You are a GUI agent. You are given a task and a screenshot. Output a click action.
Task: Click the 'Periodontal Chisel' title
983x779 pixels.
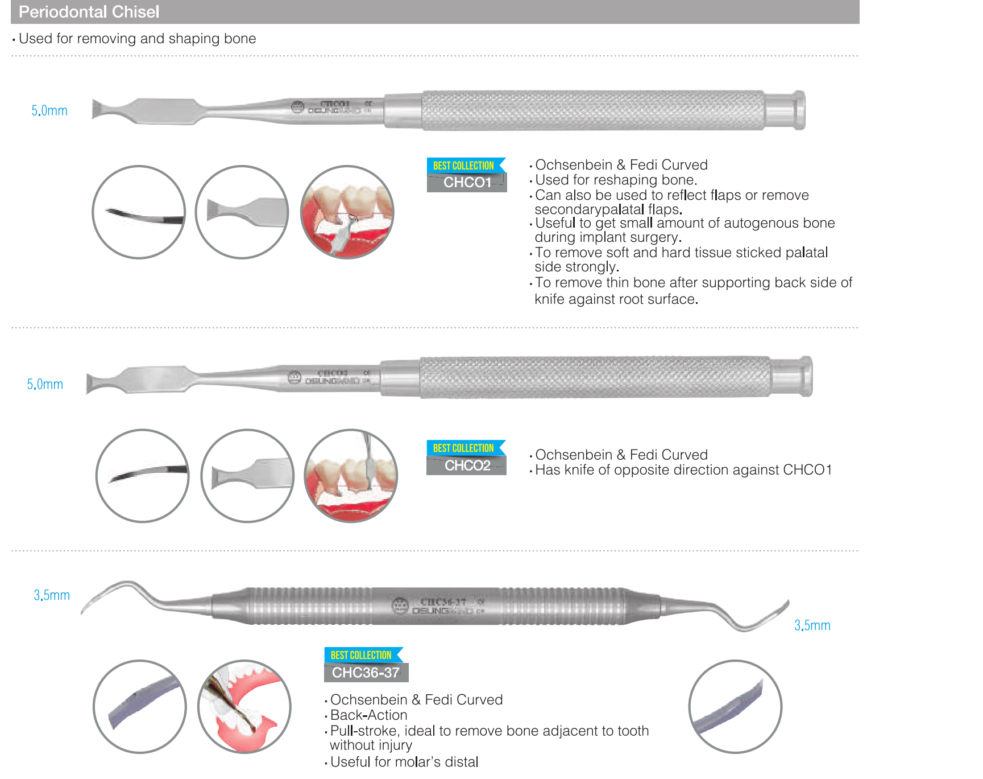[89, 12]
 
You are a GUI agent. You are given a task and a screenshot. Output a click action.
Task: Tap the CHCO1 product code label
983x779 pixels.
[467, 183]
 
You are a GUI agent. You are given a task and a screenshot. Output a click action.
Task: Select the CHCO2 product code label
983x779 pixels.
[467, 465]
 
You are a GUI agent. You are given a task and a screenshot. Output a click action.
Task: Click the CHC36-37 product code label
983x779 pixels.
[366, 673]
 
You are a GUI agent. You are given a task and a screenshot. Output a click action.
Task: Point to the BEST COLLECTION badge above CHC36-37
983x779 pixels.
[362, 655]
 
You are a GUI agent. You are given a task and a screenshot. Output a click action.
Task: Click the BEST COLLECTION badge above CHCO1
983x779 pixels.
[464, 166]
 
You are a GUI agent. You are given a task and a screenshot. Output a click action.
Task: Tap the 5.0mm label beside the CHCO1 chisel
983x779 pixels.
[49, 110]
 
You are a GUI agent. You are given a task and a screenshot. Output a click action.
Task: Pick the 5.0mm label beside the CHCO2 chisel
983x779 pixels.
[45, 384]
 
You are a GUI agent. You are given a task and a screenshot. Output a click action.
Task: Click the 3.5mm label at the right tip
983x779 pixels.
[812, 625]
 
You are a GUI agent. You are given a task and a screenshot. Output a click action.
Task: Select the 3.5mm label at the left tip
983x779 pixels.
[52, 595]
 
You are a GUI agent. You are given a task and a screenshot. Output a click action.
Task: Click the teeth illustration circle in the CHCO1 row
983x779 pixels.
[347, 212]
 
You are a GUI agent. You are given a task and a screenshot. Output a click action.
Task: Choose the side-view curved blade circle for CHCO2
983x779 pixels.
[142, 476]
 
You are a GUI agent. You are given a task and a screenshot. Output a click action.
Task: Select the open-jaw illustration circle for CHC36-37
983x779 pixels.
[244, 707]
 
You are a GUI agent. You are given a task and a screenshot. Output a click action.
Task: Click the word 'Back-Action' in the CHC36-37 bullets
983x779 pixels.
[368, 715]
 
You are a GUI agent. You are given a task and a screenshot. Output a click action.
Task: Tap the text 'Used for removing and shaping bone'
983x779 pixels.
[137, 39]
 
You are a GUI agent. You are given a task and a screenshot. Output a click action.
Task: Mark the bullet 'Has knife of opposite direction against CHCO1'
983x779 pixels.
[683, 470]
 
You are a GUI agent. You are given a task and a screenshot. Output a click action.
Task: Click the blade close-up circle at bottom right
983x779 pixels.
[735, 707]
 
